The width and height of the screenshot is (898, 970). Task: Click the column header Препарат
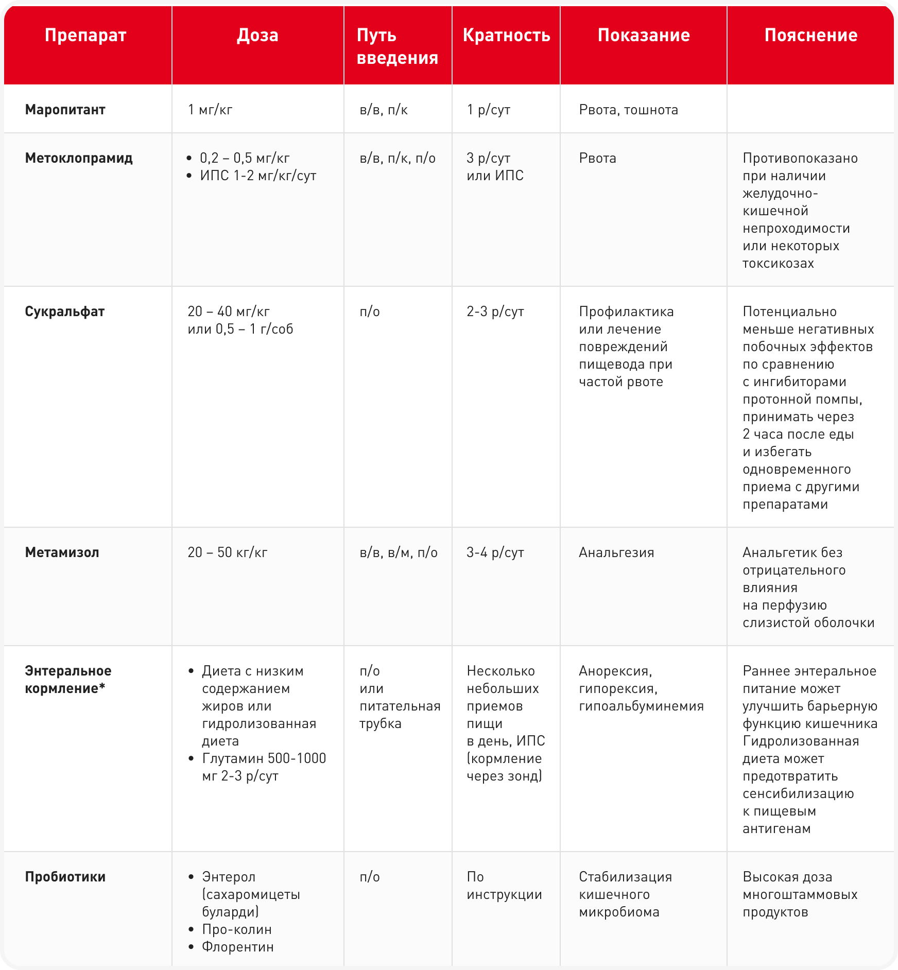(x=85, y=35)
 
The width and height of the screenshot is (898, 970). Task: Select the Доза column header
(x=257, y=35)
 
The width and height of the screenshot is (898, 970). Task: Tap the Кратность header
(x=506, y=35)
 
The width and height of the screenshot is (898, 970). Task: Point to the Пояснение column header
(x=810, y=35)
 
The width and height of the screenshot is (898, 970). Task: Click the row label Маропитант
(x=65, y=110)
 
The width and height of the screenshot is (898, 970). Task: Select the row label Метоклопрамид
(x=79, y=158)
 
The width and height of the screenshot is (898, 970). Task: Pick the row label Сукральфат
(x=65, y=311)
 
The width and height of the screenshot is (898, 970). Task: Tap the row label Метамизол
(x=62, y=552)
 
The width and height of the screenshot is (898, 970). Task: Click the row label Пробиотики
(x=65, y=877)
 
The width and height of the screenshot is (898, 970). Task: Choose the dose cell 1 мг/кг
(x=210, y=110)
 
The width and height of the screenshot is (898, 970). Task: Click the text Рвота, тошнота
(x=628, y=110)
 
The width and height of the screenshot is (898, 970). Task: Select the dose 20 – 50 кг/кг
(x=228, y=552)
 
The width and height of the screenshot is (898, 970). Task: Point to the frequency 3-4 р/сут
(x=495, y=552)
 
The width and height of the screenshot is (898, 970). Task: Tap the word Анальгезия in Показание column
(x=616, y=552)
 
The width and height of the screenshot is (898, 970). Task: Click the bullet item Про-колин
(x=237, y=929)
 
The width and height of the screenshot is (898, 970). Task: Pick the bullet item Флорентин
(x=238, y=947)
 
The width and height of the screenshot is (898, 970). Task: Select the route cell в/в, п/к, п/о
(x=398, y=158)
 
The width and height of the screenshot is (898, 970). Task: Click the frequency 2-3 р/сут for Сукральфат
(x=495, y=311)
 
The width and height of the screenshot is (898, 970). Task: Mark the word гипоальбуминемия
(x=641, y=706)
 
